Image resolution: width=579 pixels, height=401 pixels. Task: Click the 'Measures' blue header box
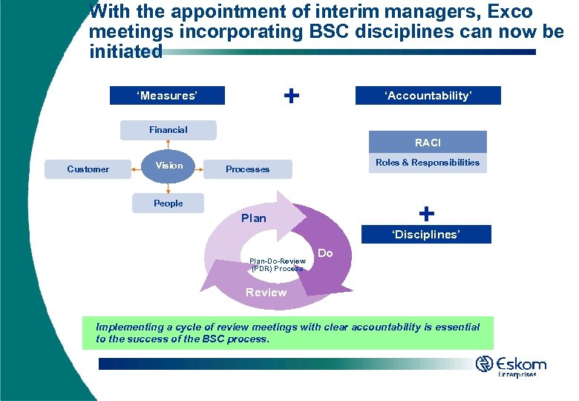[167, 96]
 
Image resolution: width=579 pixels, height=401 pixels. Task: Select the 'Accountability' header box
[428, 95]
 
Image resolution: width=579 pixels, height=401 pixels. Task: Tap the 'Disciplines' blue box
[426, 235]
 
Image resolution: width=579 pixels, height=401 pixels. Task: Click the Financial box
[169, 130]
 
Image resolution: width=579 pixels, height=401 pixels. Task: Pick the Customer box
[88, 169]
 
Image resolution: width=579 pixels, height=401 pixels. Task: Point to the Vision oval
[169, 166]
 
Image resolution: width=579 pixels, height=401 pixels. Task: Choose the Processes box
[248, 169]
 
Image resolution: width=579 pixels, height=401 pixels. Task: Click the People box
[168, 203]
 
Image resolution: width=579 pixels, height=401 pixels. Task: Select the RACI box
[428, 142]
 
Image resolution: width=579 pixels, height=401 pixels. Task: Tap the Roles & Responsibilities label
[428, 163]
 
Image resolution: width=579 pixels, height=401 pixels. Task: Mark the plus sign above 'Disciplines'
[427, 214]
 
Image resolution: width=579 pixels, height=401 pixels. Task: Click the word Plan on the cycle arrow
[254, 218]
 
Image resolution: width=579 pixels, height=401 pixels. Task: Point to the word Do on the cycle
[325, 254]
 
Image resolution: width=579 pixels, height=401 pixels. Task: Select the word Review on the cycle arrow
[266, 293]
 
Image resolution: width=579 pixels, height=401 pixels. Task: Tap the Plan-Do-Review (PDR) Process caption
[277, 264]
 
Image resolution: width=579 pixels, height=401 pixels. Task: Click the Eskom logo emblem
[485, 364]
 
